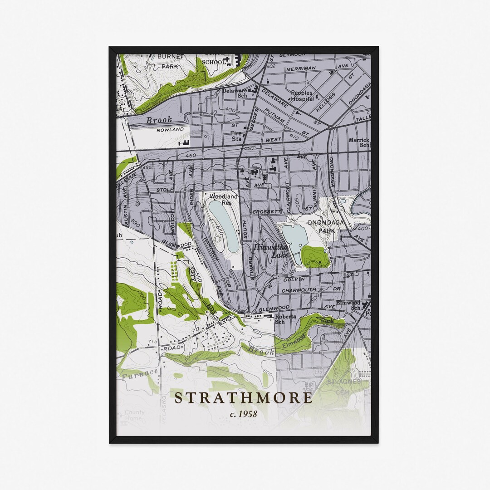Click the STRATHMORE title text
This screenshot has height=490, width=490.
tap(244, 398)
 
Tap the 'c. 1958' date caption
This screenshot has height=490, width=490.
tap(244, 414)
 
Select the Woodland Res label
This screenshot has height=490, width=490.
tap(223, 200)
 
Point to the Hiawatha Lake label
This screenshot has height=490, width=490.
tap(270, 251)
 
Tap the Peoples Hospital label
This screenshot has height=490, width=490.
tap(302, 96)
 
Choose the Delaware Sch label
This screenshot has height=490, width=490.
tap(235, 93)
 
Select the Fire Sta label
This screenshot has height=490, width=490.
tap(236, 136)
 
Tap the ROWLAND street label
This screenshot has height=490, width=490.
tap(170, 129)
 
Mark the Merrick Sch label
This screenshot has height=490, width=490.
tap(359, 143)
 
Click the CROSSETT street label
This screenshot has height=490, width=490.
tap(266, 212)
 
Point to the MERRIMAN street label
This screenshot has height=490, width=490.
tap(300, 69)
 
